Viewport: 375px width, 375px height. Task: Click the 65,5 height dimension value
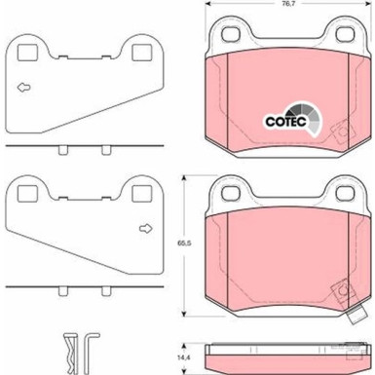[x=184, y=243]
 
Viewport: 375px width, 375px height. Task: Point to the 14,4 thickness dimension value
[x=183, y=357]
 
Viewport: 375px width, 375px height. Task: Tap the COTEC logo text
[x=285, y=122]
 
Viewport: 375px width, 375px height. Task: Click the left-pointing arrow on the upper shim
[x=23, y=88]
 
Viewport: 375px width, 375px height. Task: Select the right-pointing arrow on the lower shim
[x=146, y=229]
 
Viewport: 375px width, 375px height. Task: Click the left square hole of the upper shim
[x=27, y=53]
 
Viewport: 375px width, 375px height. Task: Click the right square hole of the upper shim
[x=142, y=53]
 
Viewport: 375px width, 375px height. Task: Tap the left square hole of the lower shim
[x=27, y=193]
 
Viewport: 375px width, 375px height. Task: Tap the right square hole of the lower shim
[x=142, y=193]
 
